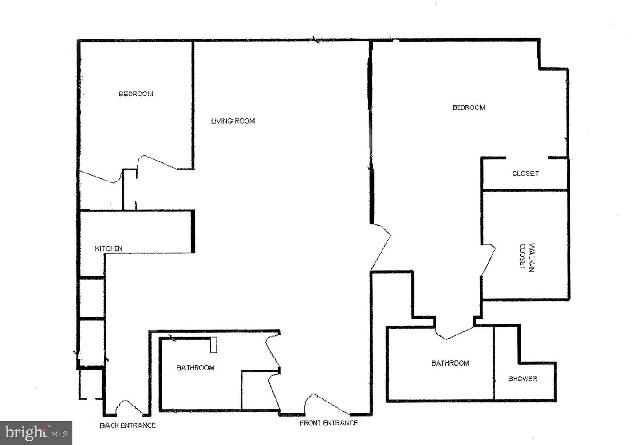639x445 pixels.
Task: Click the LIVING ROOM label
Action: [233, 121]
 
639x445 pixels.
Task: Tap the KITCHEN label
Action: [109, 248]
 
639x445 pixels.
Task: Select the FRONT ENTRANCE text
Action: [328, 423]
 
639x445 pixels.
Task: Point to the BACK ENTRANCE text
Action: [128, 425]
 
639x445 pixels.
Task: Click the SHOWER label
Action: [523, 378]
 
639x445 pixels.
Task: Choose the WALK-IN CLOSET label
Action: [527, 256]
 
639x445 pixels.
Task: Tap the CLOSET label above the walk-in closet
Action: [525, 173]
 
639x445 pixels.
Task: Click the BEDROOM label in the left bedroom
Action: [136, 94]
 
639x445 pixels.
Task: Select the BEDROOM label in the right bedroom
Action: [469, 107]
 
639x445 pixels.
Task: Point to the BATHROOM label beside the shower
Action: [450, 363]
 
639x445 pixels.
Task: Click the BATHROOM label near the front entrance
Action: [195, 367]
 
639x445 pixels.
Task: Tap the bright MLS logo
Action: [36, 432]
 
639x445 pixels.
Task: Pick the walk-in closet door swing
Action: [488, 260]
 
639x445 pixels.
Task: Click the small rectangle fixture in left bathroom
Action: [213, 345]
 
